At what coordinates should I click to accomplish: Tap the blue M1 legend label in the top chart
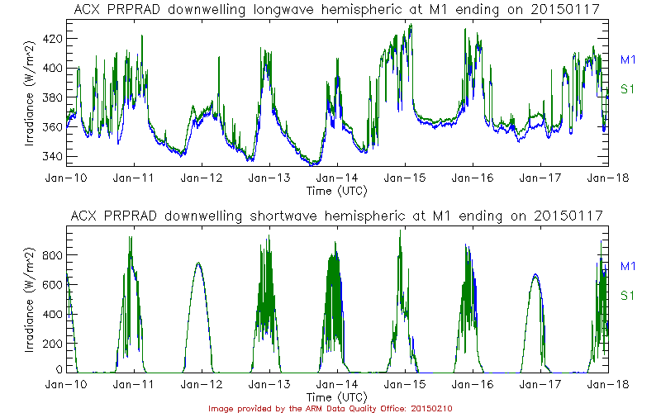tap(628, 59)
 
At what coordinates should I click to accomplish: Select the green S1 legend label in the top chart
tap(628, 89)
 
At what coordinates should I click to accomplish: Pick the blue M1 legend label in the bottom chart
tap(628, 266)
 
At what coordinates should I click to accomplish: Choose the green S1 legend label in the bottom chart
tap(628, 296)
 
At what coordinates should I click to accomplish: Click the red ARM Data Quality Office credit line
tap(330, 408)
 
